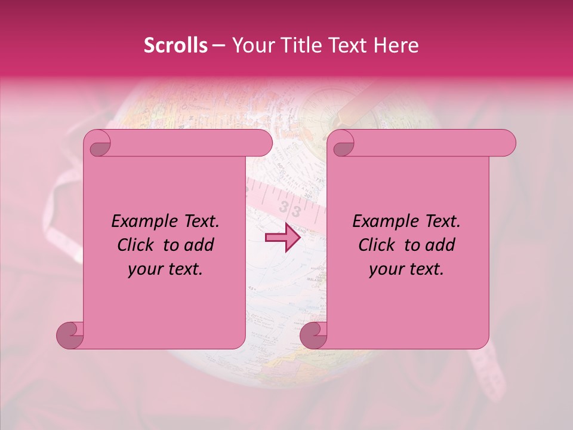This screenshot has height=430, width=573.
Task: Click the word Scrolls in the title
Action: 175,45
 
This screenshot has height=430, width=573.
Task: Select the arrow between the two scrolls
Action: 282,237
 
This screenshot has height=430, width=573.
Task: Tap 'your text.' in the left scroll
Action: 165,269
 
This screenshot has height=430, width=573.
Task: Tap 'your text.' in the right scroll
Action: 406,269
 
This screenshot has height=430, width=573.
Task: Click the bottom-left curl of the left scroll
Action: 70,336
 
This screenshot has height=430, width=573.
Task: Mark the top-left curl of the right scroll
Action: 342,144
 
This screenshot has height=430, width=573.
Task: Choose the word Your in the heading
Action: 249,45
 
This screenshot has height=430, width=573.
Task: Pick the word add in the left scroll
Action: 199,245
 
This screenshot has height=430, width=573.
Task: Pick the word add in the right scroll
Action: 440,245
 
